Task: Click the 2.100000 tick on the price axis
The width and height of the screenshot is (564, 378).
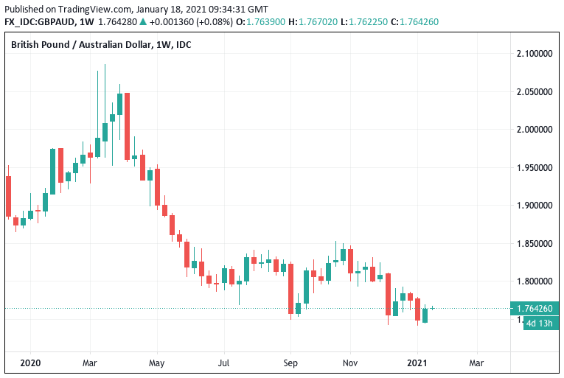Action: (534, 54)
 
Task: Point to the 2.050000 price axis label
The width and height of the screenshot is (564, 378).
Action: (534, 92)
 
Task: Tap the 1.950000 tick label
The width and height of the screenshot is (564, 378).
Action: (534, 168)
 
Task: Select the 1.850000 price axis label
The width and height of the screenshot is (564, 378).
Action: (534, 244)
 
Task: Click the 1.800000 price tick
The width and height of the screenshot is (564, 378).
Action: (534, 281)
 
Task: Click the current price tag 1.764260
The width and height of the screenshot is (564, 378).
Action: (535, 309)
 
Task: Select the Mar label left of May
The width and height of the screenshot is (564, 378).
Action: (90, 363)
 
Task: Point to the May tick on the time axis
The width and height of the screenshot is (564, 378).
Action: (156, 363)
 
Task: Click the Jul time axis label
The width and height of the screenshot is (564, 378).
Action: (223, 363)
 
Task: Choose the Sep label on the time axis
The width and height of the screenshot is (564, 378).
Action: (290, 363)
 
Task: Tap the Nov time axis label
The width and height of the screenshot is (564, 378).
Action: (351, 363)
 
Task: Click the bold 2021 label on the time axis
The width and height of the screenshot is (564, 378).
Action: (417, 363)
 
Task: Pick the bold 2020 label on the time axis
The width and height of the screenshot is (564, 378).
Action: (30, 363)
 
